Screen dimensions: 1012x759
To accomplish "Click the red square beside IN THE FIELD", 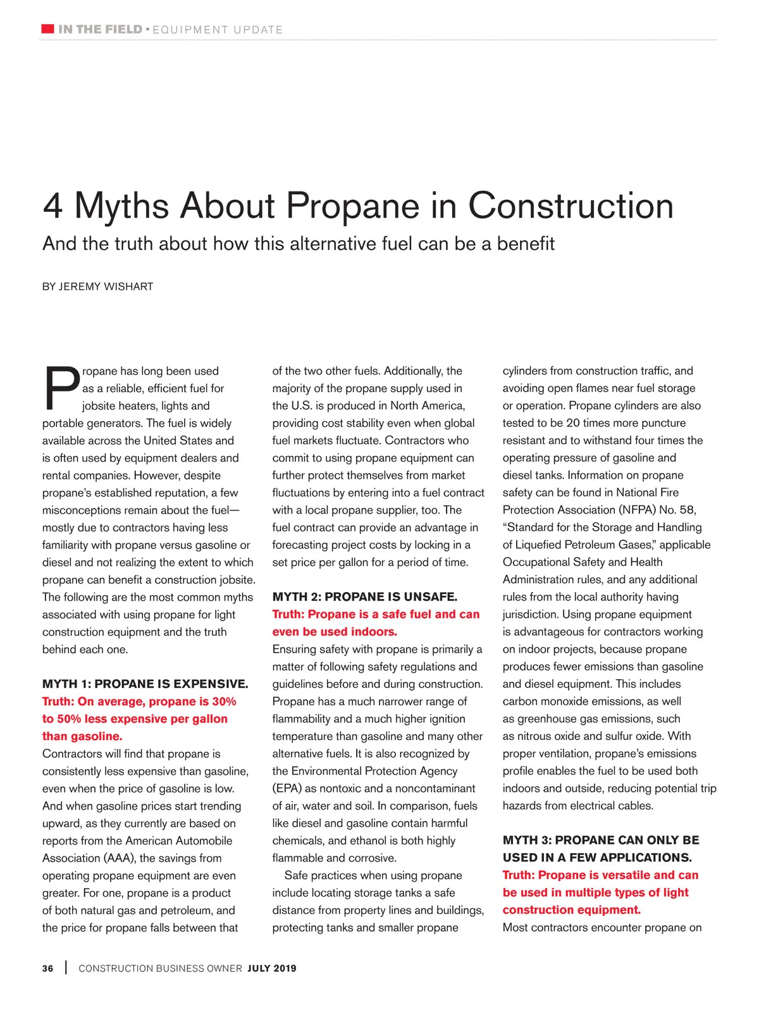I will click(47, 29).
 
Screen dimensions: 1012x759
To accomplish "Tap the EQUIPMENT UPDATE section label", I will click(218, 30).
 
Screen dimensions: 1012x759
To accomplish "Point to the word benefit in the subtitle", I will click(526, 244).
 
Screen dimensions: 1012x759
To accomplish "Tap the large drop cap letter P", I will click(61, 387).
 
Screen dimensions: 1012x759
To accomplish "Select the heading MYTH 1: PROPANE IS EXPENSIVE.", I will click(145, 684).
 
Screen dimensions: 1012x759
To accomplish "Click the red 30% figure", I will click(224, 701).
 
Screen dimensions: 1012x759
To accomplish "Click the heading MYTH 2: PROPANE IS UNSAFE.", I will click(364, 596).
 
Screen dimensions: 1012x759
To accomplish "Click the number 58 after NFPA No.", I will click(687, 510).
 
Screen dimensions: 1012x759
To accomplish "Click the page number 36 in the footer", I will click(48, 968).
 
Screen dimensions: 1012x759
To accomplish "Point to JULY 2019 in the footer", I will click(272, 968).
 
